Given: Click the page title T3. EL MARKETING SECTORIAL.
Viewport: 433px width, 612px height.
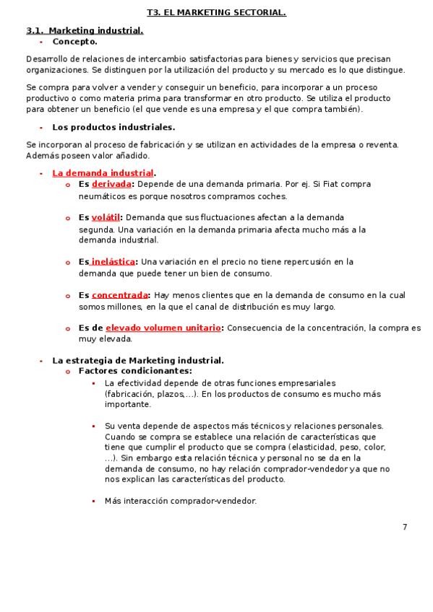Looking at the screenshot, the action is coord(216,12).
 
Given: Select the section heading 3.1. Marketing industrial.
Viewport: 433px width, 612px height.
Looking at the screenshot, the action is coord(85,30).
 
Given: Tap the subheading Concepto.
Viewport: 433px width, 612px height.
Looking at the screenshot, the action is coord(74,41).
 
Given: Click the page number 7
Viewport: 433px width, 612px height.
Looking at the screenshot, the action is coord(405,527).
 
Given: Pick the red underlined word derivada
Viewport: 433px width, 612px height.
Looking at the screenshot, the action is coord(111,184).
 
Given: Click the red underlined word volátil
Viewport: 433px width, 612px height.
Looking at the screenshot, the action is coord(105,217).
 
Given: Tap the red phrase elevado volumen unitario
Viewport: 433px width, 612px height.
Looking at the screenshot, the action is coord(163,328).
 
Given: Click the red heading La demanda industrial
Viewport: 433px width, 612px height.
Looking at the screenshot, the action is coord(103,172).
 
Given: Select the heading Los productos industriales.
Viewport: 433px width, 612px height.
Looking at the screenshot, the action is coord(113,127).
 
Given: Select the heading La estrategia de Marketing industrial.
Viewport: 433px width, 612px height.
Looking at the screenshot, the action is coord(138,360).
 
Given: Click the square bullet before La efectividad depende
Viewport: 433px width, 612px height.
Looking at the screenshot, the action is coord(93,383).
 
